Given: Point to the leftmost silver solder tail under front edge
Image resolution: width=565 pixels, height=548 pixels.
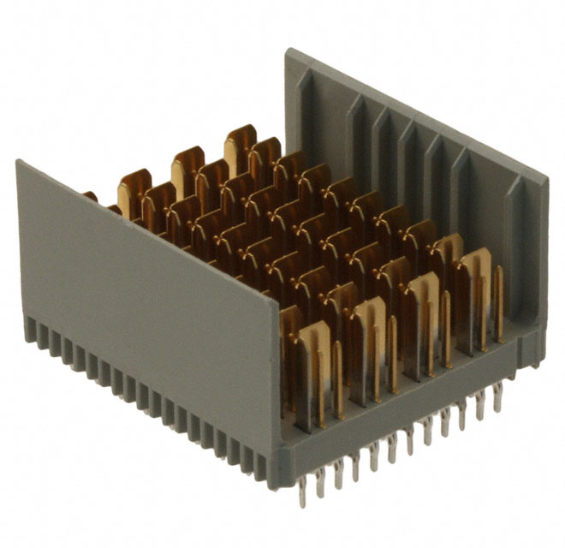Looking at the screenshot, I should tap(302, 493).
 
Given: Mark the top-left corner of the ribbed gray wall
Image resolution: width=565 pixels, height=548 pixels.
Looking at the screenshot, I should tap(288, 51).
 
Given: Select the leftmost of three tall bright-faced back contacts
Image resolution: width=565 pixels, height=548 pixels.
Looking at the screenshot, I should tap(134, 193).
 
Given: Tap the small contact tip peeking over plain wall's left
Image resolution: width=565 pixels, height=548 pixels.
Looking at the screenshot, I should tap(91, 196).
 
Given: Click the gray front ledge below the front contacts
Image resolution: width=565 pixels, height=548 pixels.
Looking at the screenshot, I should tap(402, 411).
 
